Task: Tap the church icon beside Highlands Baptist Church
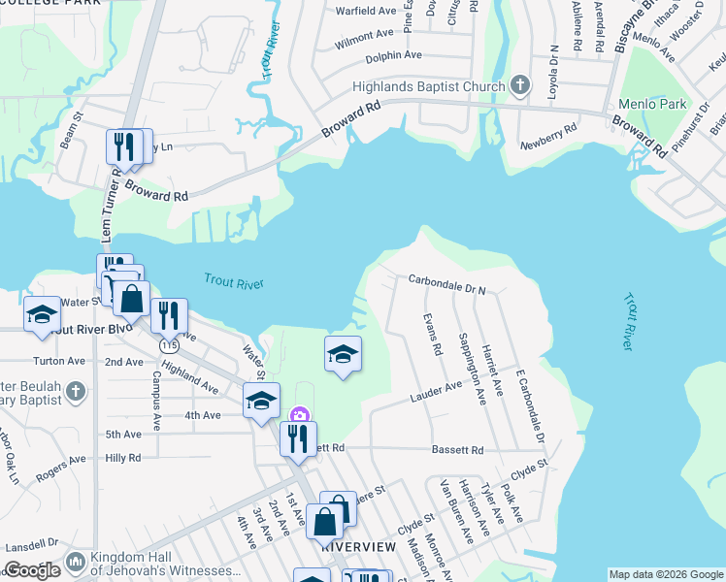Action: tap(519, 85)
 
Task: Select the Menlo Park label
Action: tap(653, 104)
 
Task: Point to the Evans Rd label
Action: tap(433, 334)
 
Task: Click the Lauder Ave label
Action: tap(436, 391)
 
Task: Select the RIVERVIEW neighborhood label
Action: tap(358, 547)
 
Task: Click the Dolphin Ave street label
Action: tap(394, 55)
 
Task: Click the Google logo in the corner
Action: tap(33, 570)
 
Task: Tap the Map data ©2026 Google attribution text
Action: tap(665, 574)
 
